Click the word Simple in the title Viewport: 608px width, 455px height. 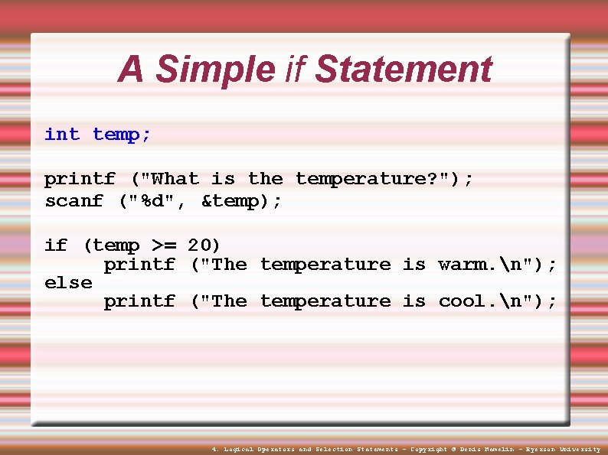coord(214,70)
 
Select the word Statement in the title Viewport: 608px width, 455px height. coord(403,70)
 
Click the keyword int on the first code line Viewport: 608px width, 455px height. coord(62,135)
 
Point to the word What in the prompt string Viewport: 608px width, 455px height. coord(175,179)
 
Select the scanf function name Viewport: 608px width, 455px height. coord(74,201)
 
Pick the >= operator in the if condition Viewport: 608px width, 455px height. coord(163,245)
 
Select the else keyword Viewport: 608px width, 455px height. coord(68,282)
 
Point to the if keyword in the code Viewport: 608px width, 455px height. coord(56,245)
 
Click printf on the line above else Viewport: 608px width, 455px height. coord(139,265)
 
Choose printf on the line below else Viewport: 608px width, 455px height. coord(139,301)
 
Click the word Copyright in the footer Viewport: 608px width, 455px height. coord(429,450)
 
